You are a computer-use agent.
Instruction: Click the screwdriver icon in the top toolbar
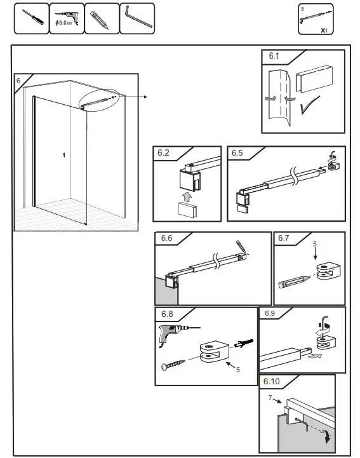coord(31,19)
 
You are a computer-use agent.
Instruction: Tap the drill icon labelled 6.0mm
coord(67,19)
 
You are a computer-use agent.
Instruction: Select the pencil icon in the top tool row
coord(101,19)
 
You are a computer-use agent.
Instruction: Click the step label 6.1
coord(274,57)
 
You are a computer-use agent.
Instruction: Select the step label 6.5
coord(237,152)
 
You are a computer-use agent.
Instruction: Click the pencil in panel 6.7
coord(293,279)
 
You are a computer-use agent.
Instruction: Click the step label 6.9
coord(269,313)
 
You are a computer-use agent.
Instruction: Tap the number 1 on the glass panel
coord(63,154)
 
